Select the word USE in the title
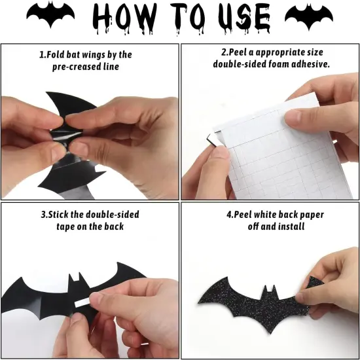tap(240, 18)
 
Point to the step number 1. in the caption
tap(44, 54)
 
